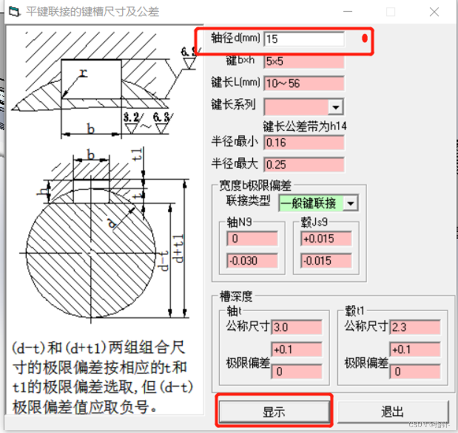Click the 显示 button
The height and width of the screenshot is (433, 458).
pos(274,412)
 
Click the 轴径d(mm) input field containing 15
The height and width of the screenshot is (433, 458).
pos(304,39)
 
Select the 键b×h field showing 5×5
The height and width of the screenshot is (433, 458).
pos(304,61)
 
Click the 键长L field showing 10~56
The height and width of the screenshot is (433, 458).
pos(304,83)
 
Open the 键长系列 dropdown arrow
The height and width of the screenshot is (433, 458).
pos(336,107)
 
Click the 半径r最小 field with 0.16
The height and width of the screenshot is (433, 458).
pos(304,143)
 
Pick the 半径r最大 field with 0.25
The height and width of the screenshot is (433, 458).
pos(304,164)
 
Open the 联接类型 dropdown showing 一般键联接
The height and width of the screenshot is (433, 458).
pos(351,203)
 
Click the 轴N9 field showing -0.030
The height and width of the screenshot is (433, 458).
pos(252,261)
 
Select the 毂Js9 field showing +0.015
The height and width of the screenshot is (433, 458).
pos(325,239)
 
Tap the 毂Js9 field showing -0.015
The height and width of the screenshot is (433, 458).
pos(325,261)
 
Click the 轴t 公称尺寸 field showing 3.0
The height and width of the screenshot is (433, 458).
pos(297,327)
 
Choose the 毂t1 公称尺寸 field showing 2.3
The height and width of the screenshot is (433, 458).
pos(415,327)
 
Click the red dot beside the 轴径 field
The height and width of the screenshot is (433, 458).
pos(364,38)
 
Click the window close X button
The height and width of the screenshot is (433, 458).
pos(434,12)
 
